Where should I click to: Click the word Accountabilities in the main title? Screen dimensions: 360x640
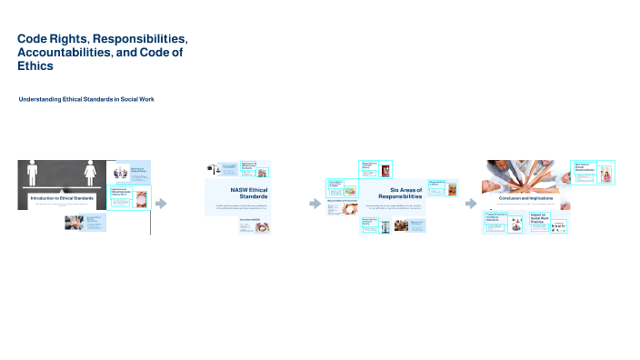pyautogui.click(x=59, y=54)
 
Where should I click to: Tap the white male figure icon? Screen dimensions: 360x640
pyautogui.click(x=34, y=173)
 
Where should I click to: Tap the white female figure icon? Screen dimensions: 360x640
pyautogui.click(x=90, y=173)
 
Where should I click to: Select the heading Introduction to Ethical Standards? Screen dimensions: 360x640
pyautogui.click(x=61, y=198)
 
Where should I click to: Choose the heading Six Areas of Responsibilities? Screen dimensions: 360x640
pyautogui.click(x=399, y=193)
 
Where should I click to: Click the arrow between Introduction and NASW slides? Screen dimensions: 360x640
pyautogui.click(x=162, y=204)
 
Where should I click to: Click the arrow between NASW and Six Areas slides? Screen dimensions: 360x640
pyautogui.click(x=315, y=204)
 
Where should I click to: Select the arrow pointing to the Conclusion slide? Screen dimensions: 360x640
pyautogui.click(x=470, y=204)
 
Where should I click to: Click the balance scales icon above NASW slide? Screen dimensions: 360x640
pyautogui.click(x=213, y=169)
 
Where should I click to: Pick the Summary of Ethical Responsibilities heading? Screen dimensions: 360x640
pyautogui.click(x=584, y=167)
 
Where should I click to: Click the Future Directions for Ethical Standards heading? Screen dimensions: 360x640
pyautogui.click(x=495, y=218)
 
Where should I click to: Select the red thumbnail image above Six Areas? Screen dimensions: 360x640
pyautogui.click(x=387, y=170)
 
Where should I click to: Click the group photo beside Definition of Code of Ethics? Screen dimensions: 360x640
pyautogui.click(x=120, y=172)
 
